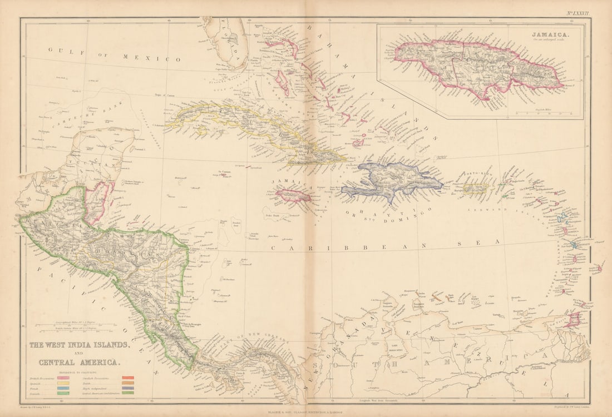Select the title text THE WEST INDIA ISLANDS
coord(80,345)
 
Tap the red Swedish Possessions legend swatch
coord(127,379)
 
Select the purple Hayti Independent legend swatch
coord(127,389)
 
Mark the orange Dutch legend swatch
coord(127,384)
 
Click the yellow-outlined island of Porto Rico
coord(475,188)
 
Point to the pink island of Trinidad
coord(572,320)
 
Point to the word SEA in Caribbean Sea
coord(483,241)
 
